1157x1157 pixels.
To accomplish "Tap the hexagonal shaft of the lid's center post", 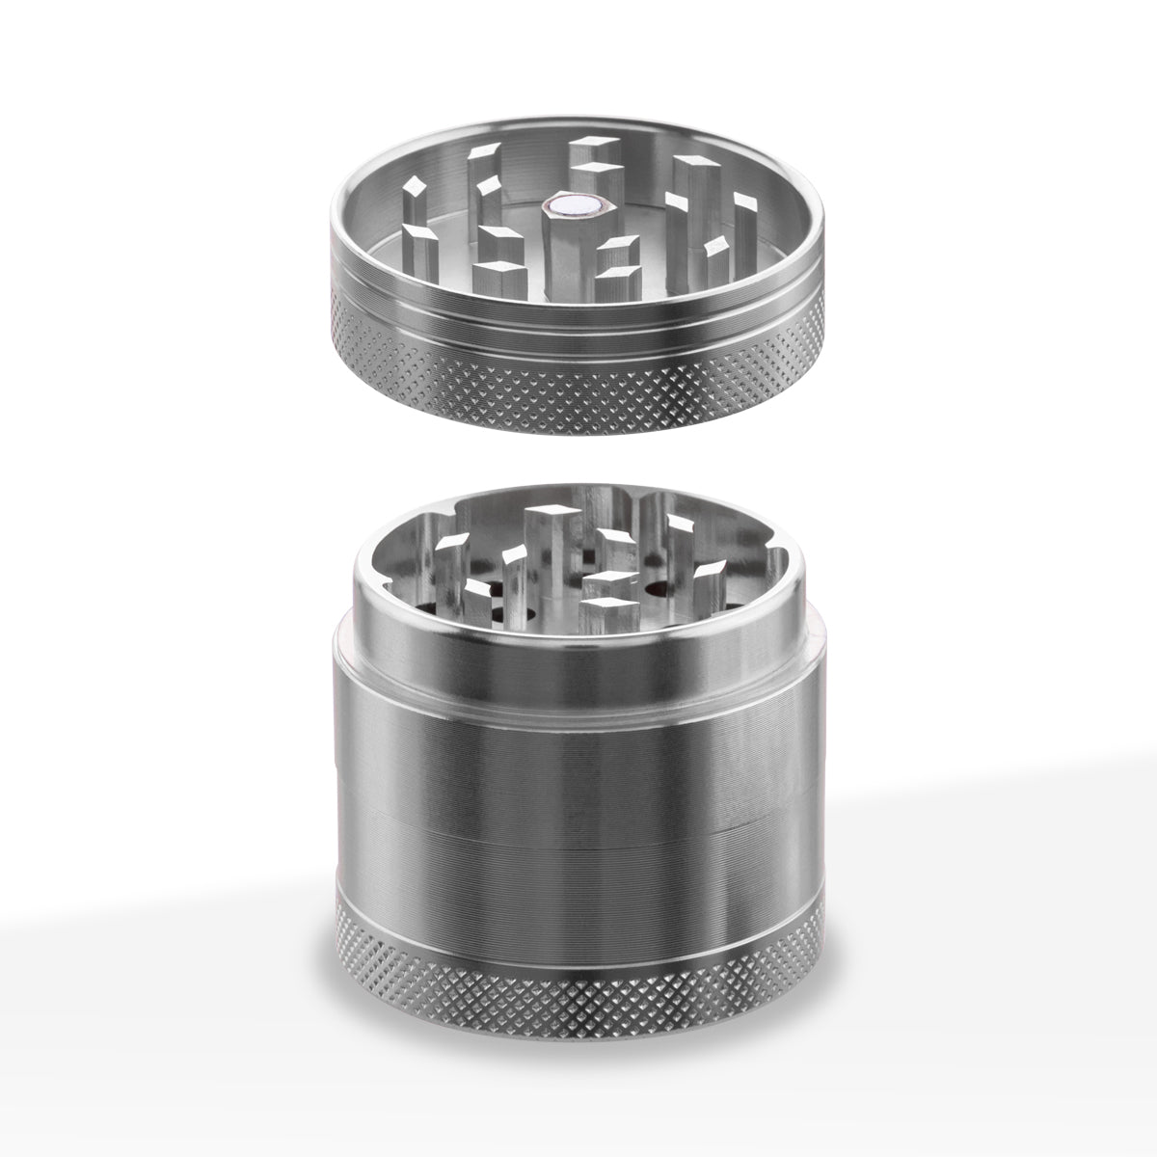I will click(559, 246).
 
